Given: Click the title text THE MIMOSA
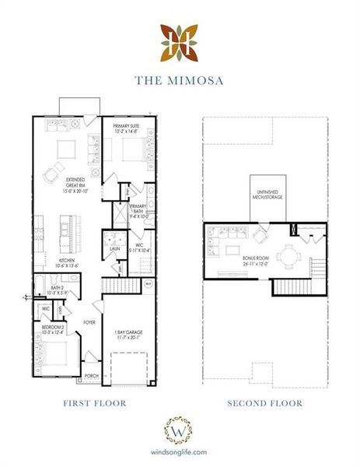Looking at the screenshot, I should pyautogui.click(x=180, y=79).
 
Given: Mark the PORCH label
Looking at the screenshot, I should pyautogui.click(x=92, y=374).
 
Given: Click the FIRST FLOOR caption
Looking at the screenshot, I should pyautogui.click(x=95, y=403).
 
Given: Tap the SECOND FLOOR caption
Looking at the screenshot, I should pyautogui.click(x=264, y=403).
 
